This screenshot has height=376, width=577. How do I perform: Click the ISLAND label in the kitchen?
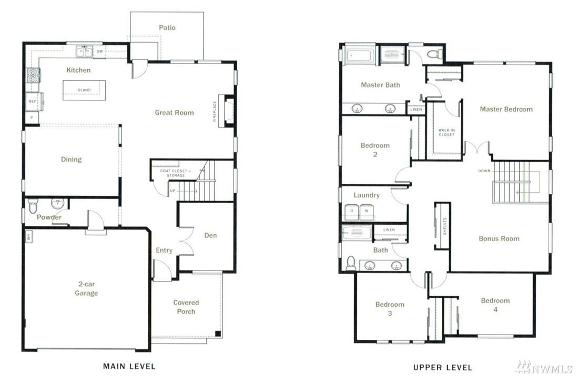click(84, 90)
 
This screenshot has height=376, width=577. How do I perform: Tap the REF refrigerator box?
click(33, 101)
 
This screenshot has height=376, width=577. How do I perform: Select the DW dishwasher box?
click(100, 51)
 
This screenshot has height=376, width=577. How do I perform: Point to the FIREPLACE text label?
click(215, 111)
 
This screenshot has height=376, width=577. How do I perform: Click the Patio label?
click(167, 27)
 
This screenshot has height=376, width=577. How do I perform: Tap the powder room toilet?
click(33, 206)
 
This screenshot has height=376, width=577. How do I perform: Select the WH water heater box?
click(29, 236)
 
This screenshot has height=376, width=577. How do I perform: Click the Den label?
click(210, 236)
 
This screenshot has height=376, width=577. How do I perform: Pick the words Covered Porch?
click(186, 307)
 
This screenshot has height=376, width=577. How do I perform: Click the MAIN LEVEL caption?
click(129, 366)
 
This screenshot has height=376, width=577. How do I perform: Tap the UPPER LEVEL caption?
click(442, 367)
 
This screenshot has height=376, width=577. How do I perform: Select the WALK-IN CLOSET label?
click(447, 132)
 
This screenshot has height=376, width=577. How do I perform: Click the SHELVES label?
click(445, 226)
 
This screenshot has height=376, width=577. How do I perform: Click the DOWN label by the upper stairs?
click(484, 171)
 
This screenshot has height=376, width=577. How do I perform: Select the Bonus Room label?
click(499, 238)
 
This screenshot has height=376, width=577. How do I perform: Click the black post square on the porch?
click(218, 334)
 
